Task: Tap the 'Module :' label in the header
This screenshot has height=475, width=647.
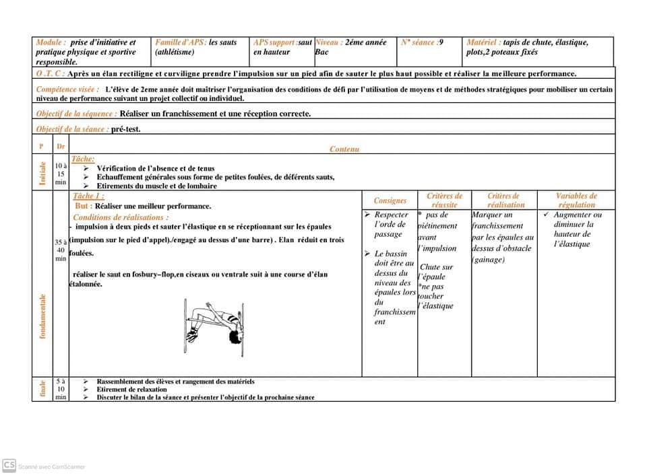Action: tap(51, 42)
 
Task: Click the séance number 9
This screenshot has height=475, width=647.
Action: tap(441, 42)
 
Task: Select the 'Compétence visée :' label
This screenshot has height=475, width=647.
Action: tap(67, 89)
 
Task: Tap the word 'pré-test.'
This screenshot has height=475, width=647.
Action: tap(126, 129)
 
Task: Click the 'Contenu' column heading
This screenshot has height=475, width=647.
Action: tap(344, 149)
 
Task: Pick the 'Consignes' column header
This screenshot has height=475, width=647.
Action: tap(390, 200)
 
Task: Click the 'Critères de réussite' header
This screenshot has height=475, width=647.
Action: tap(444, 200)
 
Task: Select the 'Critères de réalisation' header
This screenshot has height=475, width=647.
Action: tap(505, 200)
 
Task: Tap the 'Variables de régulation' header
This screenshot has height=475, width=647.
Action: tap(576, 200)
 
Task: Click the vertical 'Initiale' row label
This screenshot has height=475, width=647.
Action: tap(42, 173)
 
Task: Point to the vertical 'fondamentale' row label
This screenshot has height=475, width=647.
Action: tap(42, 316)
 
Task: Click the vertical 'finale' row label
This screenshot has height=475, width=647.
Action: tap(42, 389)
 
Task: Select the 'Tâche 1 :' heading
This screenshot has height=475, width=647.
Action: tap(88, 196)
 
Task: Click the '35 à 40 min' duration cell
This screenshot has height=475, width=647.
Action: tap(61, 250)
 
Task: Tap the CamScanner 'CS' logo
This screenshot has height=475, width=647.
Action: tap(9, 465)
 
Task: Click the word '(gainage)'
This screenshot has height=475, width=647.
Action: tap(489, 260)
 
